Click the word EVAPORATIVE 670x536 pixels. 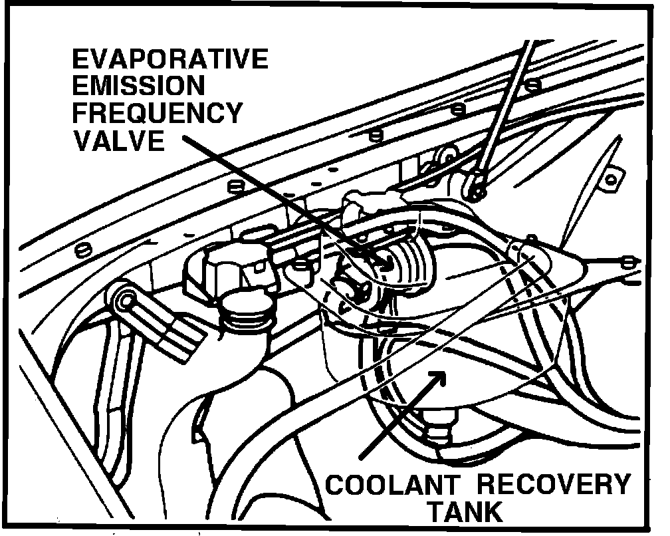point(169,59)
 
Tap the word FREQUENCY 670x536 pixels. point(157,114)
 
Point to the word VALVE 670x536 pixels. point(118,141)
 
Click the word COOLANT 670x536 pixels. point(385,484)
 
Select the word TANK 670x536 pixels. point(465,512)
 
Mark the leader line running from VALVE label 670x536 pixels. point(279,196)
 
